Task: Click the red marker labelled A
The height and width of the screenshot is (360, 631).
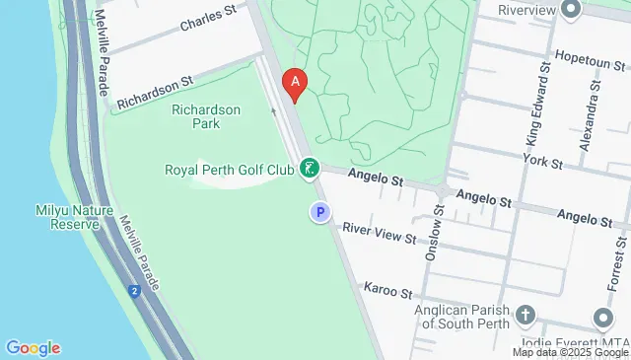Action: point(295,83)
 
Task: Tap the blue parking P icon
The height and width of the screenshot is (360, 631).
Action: point(319,212)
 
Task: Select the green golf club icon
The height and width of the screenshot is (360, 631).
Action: point(310,170)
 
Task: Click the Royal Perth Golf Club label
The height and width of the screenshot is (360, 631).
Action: point(230,170)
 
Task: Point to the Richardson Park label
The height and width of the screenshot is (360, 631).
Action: point(206,116)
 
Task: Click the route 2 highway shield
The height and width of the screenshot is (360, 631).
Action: point(132,290)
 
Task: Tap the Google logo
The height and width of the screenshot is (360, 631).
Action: point(33,348)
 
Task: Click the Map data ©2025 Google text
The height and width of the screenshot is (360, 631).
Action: point(570,352)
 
